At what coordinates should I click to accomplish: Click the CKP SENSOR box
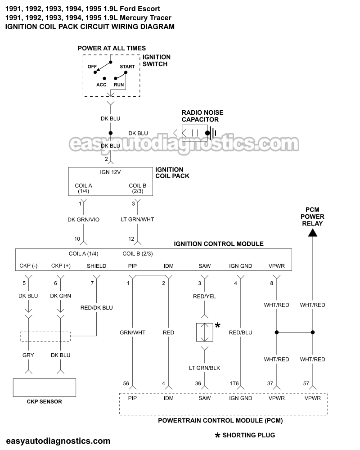(x=44, y=387)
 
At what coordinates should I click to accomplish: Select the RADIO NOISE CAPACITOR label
(x=202, y=116)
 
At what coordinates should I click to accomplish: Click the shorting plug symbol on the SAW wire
(x=205, y=333)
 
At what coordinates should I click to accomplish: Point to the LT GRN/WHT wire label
(x=138, y=219)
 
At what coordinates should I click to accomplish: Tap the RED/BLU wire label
(x=240, y=333)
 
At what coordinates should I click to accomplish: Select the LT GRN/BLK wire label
(x=205, y=368)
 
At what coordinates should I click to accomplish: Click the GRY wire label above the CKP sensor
(x=28, y=355)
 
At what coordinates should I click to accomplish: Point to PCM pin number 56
(x=126, y=383)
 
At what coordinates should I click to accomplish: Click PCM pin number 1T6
(x=234, y=383)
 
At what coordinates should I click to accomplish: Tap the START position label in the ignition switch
(x=127, y=67)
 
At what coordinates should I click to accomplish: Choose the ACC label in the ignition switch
(x=101, y=85)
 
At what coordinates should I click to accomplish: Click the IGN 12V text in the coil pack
(x=109, y=172)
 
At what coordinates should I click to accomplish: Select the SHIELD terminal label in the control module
(x=96, y=266)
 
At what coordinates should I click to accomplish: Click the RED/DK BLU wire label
(x=96, y=308)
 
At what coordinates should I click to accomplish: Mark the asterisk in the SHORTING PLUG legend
(x=218, y=435)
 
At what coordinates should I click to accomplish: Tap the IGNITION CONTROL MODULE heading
(x=219, y=244)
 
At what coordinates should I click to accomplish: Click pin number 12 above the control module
(x=131, y=238)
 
